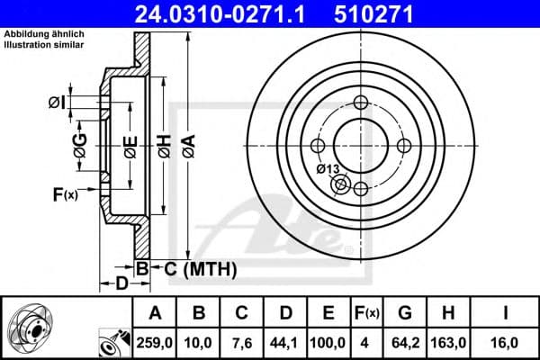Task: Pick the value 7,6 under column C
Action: tap(242, 342)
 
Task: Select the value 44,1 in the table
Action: tap(284, 342)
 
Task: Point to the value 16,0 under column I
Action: tap(508, 342)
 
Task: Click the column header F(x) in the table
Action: tap(367, 312)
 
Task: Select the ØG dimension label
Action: tap(79, 144)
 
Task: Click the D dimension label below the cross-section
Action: tap(122, 285)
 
